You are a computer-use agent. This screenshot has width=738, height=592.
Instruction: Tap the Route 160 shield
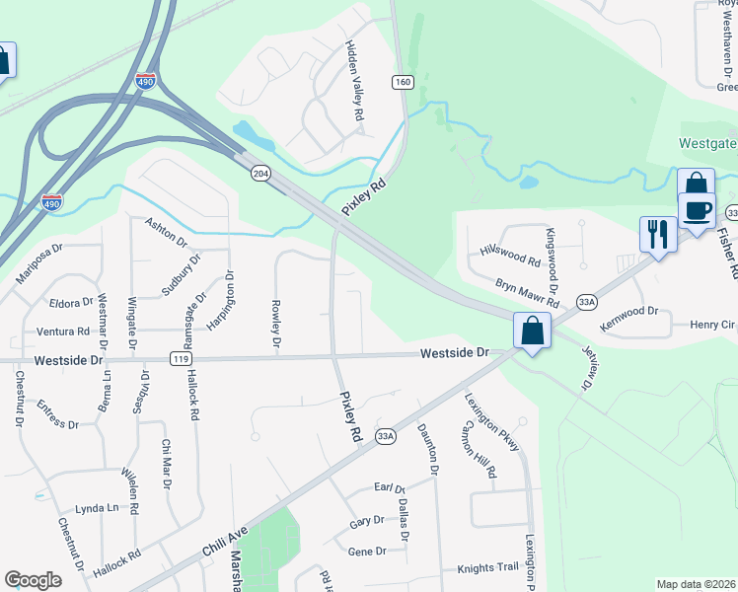402,82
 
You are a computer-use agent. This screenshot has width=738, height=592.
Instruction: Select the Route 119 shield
180,359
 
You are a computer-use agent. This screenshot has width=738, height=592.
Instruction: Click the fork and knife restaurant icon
657,234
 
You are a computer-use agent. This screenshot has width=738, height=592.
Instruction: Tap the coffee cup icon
698,210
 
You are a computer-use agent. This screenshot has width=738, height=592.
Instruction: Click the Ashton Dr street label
166,233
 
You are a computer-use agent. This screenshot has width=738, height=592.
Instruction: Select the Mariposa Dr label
39,263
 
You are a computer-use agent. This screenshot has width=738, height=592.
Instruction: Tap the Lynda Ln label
96,507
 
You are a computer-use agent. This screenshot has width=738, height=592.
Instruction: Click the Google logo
33,580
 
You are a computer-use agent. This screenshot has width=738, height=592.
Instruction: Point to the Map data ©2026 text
696,584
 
